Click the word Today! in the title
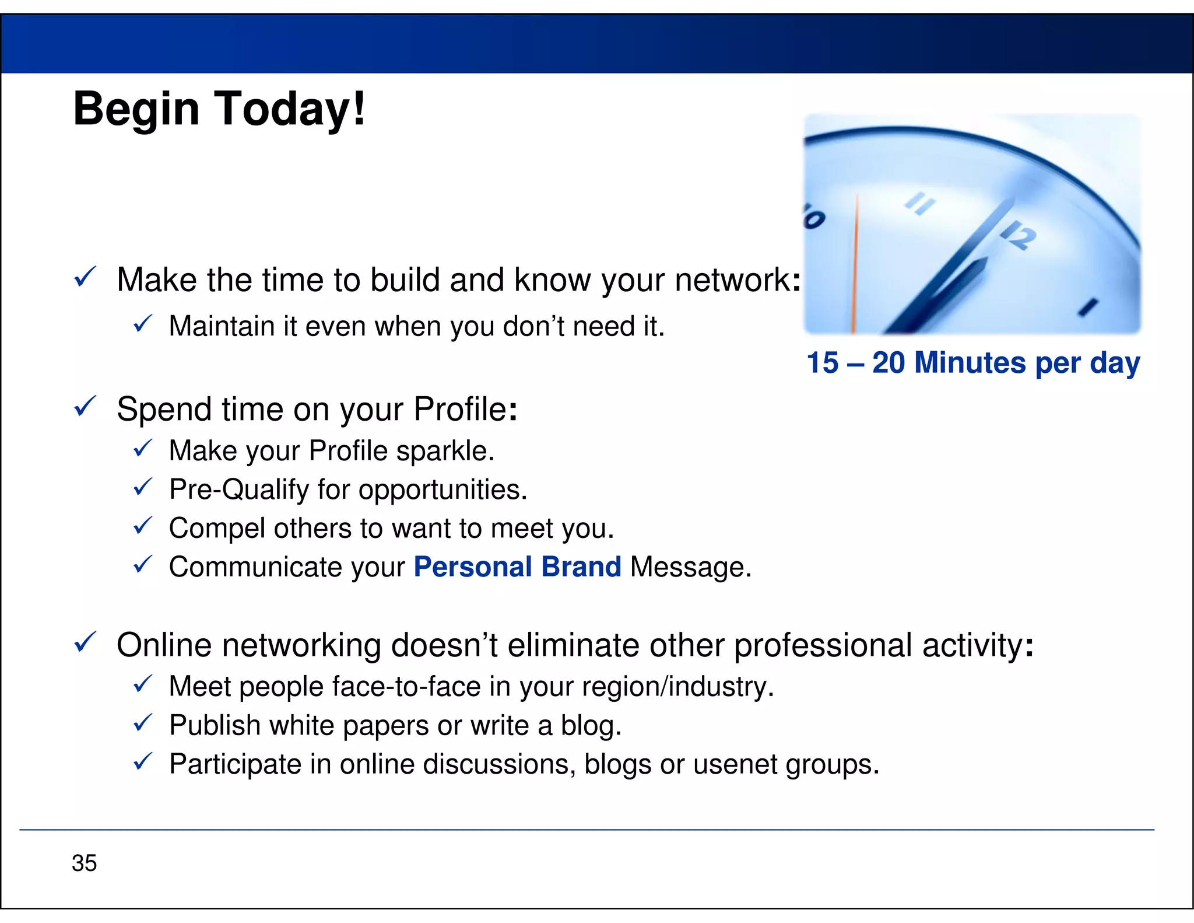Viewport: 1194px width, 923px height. click(x=290, y=109)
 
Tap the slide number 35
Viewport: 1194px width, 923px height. click(x=85, y=863)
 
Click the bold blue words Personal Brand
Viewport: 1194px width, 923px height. click(x=517, y=567)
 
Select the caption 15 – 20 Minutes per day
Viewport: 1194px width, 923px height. click(x=973, y=363)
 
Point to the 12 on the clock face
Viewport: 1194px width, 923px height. click(x=1019, y=236)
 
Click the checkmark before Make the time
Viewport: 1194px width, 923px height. click(x=86, y=277)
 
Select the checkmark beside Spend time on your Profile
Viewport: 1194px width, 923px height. click(x=86, y=406)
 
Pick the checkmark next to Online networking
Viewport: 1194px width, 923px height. click(x=86, y=642)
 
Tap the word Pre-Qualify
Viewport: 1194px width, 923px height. click(x=238, y=490)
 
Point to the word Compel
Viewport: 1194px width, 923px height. click(x=217, y=529)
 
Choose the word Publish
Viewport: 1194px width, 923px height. click(x=215, y=726)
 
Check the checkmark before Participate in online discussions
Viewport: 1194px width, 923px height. click(x=143, y=761)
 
